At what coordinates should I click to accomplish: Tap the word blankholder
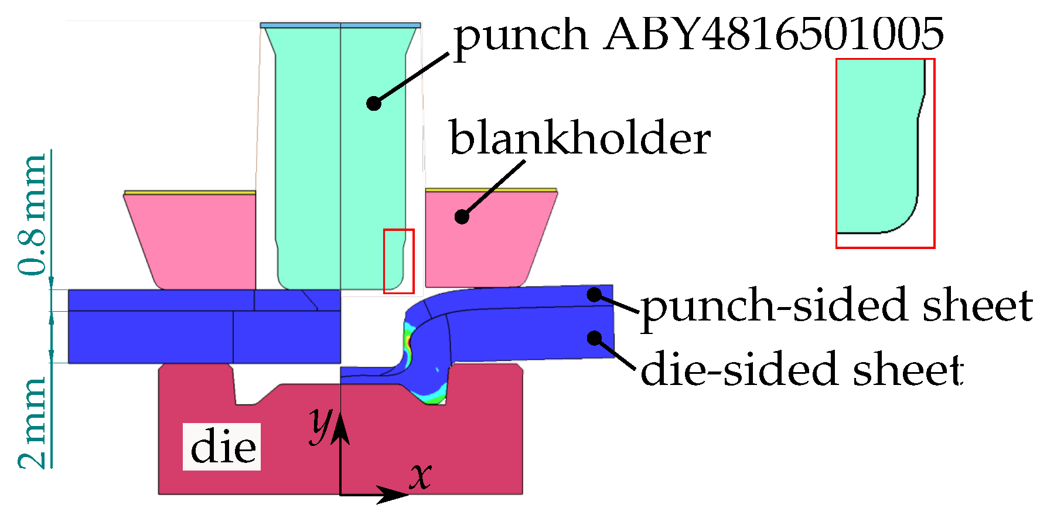(x=579, y=138)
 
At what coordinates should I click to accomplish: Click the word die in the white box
(x=223, y=447)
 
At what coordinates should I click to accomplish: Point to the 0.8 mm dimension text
(x=32, y=215)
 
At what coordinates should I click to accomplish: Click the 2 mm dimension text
(x=32, y=423)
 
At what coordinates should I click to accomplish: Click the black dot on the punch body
(x=374, y=104)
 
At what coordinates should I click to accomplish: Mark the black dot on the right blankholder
(x=462, y=217)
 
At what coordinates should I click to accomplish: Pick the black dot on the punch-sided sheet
(x=595, y=295)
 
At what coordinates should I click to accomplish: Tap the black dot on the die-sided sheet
(x=595, y=338)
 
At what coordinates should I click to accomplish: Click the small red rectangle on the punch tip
(x=399, y=261)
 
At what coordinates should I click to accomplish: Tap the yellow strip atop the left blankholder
(x=190, y=192)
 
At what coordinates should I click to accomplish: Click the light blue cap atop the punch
(x=340, y=25)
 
